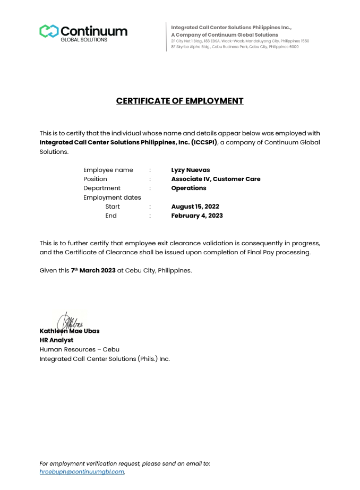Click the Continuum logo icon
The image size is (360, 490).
tap(48, 31)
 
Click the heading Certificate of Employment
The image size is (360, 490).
tap(179, 101)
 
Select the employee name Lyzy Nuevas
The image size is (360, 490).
tap(190, 170)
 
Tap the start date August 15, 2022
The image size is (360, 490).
tap(195, 207)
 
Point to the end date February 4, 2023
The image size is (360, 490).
tap(196, 216)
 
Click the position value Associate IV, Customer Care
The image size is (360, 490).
tap(216, 179)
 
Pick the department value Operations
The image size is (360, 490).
tap(188, 188)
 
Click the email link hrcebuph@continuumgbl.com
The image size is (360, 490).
tap(82, 471)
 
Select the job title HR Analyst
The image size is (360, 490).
tap(56, 340)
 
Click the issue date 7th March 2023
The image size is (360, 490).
tap(93, 270)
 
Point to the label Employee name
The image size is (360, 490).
tap(108, 170)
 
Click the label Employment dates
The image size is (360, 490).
tap(112, 197)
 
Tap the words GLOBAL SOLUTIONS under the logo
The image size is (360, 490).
tap(84, 40)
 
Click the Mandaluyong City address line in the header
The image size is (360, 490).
tap(239, 41)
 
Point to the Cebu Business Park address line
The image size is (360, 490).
tap(234, 47)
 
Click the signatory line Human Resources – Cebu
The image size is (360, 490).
tap(79, 349)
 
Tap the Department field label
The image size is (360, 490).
tap(101, 188)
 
